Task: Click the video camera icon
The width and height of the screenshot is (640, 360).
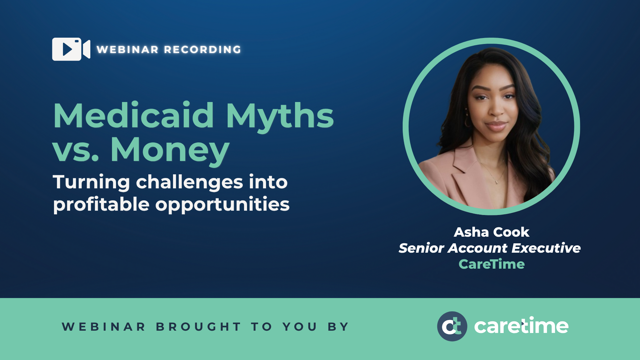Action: pos(71,49)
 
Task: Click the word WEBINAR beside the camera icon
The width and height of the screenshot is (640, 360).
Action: pos(128,50)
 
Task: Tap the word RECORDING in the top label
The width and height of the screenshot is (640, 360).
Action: pos(203,50)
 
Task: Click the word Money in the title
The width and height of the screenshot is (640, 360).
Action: pos(170,150)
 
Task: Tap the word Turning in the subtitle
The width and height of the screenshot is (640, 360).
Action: pos(91,182)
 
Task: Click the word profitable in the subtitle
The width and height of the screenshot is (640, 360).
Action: pos(101,204)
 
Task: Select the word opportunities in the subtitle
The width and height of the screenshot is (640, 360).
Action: pos(222,204)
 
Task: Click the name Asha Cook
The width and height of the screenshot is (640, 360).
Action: pos(491,232)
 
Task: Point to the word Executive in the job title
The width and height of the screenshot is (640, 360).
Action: pos(546,248)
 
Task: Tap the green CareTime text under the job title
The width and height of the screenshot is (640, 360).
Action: pos(491,264)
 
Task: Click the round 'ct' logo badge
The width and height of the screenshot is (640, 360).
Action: pos(452,326)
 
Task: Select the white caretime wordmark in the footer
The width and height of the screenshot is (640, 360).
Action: pos(521,326)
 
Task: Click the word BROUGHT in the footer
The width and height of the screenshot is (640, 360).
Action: pos(198,327)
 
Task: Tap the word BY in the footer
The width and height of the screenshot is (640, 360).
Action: pos(338,327)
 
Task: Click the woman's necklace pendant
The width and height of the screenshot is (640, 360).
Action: pos(496,182)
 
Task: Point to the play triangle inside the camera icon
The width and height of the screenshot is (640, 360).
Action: pos(67,49)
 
